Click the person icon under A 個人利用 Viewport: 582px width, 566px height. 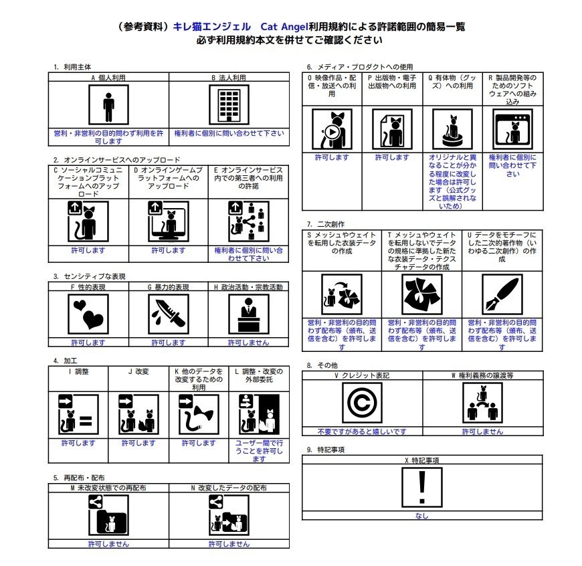tap(108, 105)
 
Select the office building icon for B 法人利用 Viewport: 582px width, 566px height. tap(229, 105)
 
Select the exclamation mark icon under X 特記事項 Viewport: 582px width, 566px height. tap(422, 488)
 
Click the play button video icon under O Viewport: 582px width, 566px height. tap(332, 130)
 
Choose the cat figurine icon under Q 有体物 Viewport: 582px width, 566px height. tap(452, 130)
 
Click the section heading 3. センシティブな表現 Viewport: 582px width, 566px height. tap(90, 276)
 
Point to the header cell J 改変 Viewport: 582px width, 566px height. tap(138, 371)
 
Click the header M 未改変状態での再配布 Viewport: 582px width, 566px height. tap(108, 488)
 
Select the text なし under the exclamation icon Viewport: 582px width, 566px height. tap(422, 516)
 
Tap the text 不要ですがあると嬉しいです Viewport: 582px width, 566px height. tap(362, 432)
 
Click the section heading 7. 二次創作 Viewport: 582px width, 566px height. tap(326, 223)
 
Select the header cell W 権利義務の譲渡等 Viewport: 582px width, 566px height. tap(482, 375)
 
